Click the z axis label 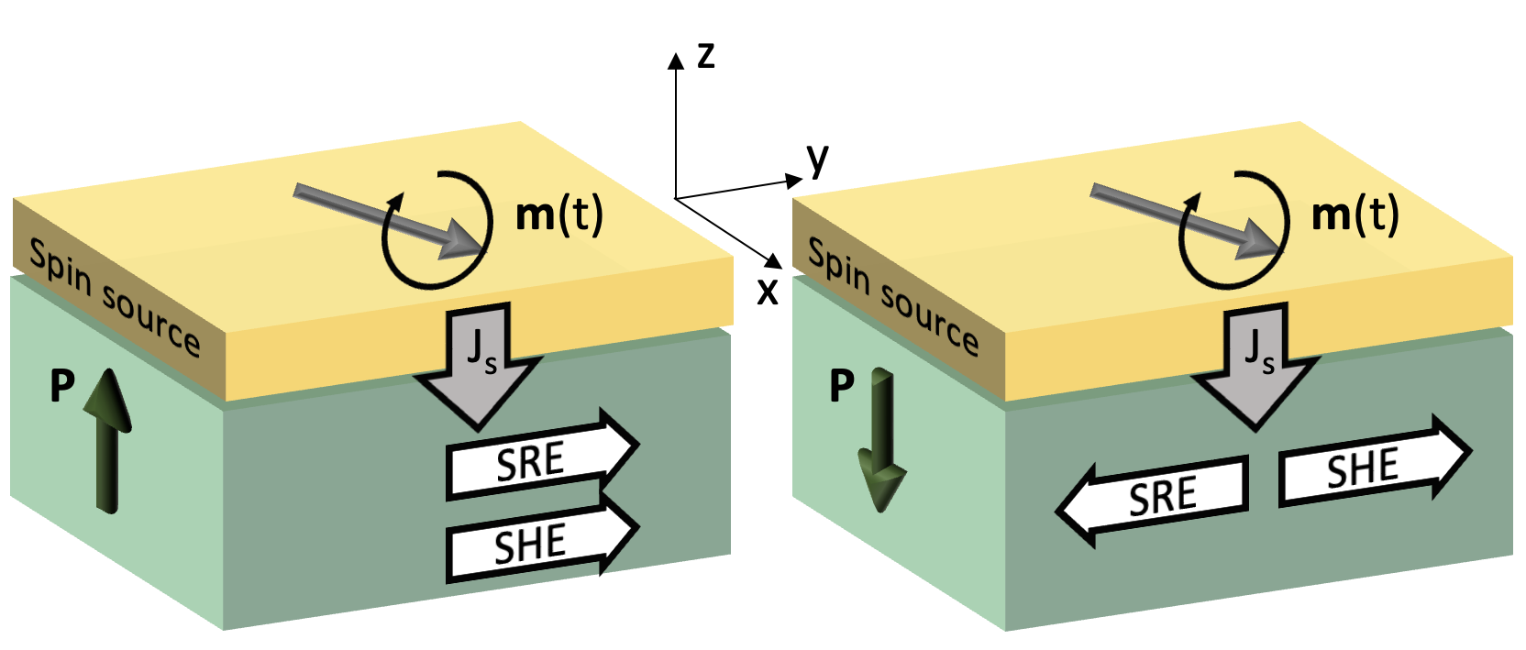(x=705, y=56)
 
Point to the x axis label (x=768, y=292)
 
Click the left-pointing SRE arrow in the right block (x=1156, y=497)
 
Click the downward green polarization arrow (x=882, y=440)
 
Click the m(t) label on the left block (x=559, y=215)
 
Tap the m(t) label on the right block (x=1355, y=215)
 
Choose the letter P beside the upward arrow (x=62, y=386)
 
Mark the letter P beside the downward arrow (x=841, y=386)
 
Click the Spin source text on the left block (x=115, y=297)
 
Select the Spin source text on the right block (x=892, y=297)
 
